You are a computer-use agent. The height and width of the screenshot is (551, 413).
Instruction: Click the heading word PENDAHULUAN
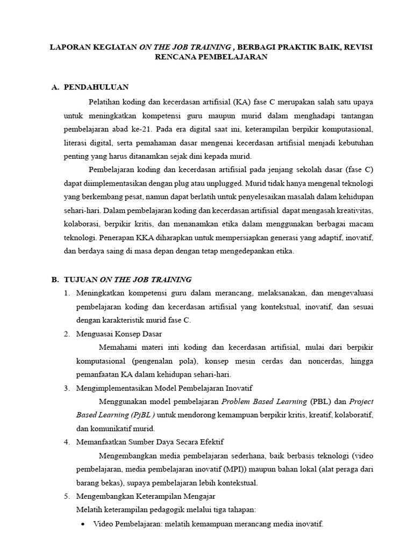pyautogui.click(x=96, y=87)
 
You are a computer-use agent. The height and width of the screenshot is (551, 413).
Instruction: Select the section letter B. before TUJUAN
pyautogui.click(x=55, y=279)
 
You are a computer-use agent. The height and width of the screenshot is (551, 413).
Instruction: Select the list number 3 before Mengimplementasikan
pyautogui.click(x=67, y=388)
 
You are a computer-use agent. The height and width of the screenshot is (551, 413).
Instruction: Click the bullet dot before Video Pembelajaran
pyautogui.click(x=82, y=524)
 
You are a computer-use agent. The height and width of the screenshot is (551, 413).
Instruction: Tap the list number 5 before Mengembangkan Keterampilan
pyautogui.click(x=67, y=496)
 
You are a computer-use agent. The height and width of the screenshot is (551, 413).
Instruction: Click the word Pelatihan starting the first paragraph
pyautogui.click(x=104, y=101)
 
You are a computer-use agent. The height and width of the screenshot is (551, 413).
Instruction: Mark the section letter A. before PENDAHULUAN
pyautogui.click(x=55, y=87)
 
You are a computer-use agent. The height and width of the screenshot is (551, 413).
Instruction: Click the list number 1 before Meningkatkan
pyautogui.click(x=67, y=293)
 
